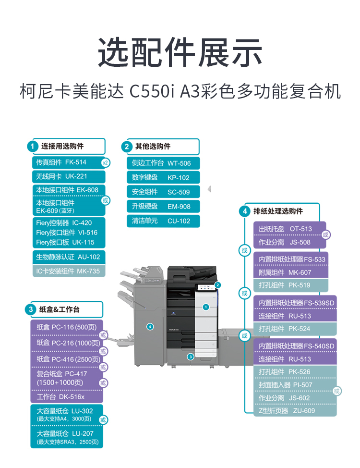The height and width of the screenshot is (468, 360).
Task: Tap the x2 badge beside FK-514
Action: point(105,163)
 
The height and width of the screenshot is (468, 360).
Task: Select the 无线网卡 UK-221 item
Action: point(69,176)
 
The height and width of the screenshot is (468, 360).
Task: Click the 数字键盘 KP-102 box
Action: point(163,178)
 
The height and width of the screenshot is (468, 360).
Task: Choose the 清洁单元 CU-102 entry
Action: point(163,221)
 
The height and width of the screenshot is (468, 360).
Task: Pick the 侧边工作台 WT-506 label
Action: point(163,163)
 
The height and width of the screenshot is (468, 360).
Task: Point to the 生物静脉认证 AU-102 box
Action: point(69,257)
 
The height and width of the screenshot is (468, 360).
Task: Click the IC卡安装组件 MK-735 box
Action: point(69,271)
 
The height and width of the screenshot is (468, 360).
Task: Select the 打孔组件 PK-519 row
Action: point(290,285)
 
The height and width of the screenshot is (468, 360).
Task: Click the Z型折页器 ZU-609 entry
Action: point(295,411)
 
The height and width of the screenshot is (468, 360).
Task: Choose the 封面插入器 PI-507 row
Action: point(295,385)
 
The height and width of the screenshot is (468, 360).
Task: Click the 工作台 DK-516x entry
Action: point(67,397)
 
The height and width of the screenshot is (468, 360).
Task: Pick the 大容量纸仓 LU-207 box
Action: point(67,437)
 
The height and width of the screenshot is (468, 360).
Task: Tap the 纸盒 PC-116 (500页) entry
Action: point(67,327)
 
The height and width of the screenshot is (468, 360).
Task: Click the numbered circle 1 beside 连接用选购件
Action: point(33,146)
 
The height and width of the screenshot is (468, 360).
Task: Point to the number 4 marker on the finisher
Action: point(150,327)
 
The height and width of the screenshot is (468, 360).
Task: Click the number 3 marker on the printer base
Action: point(191,357)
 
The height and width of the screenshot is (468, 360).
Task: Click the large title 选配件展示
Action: point(180,52)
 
